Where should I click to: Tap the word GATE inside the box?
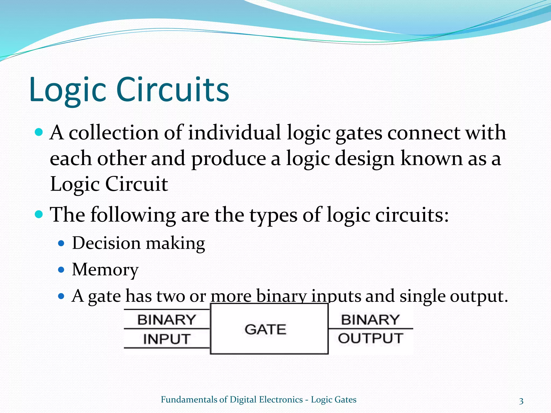(x=265, y=330)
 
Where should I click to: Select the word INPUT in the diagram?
(x=167, y=339)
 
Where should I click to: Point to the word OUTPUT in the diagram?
(x=370, y=339)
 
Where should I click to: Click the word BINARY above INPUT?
(x=167, y=320)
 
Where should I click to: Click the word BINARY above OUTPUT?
(x=370, y=320)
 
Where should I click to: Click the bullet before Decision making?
(x=61, y=244)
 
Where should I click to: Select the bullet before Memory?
(x=61, y=269)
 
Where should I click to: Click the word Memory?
(x=105, y=269)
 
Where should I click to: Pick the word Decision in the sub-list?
(x=106, y=243)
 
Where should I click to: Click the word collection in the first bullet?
(x=114, y=133)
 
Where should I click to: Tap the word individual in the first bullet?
(x=234, y=133)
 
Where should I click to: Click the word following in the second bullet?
(x=133, y=215)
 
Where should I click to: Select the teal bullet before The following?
(x=39, y=214)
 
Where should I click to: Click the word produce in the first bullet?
(x=229, y=159)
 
